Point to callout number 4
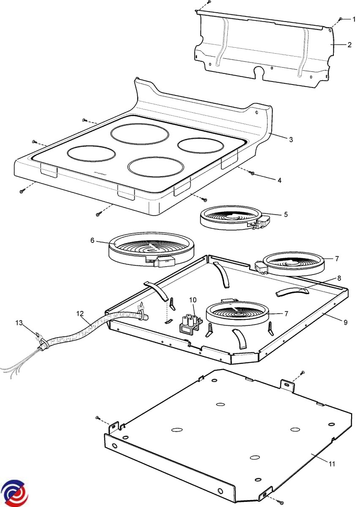(279, 180)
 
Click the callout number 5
(286, 215)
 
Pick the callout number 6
(92, 240)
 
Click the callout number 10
(193, 300)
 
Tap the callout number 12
(80, 313)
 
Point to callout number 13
(18, 323)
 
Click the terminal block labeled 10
(190, 325)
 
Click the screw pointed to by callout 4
(252, 173)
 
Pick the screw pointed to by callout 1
(341, 19)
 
